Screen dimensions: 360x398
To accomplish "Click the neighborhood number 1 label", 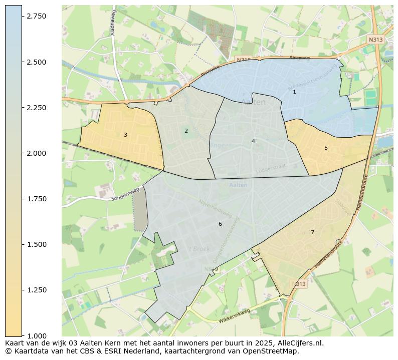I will (294, 92).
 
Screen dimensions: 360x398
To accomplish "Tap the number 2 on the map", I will (186, 131).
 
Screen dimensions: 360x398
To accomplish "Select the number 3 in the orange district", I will (125, 135).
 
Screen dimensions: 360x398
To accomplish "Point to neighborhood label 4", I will (253, 141).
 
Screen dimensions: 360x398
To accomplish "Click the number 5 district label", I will (326, 148).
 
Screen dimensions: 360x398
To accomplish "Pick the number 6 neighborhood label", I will (220, 224).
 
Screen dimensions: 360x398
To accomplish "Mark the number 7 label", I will (312, 232).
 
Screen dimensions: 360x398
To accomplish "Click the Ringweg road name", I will (300, 58).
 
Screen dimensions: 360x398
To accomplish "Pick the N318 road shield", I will (244, 60).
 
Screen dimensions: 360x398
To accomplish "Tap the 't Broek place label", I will (199, 249).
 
